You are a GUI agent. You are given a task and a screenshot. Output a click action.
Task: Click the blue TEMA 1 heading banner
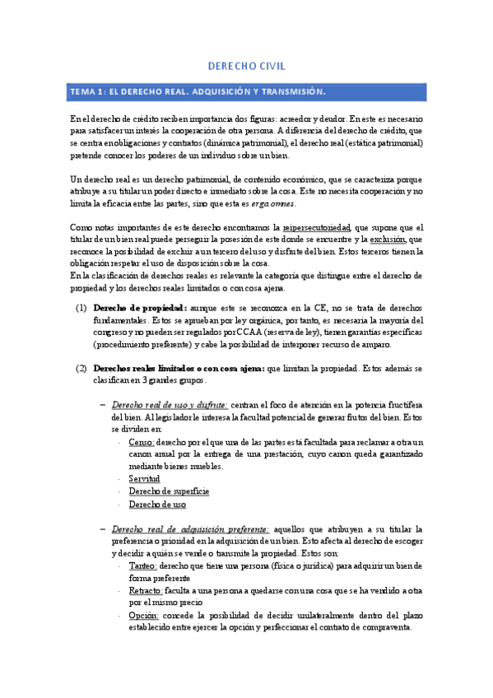click(247, 91)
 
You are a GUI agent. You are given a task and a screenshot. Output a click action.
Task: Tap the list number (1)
click(81, 308)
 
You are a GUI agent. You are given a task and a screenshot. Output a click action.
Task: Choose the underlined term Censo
click(141, 442)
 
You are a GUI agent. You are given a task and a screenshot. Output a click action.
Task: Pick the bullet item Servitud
click(144, 479)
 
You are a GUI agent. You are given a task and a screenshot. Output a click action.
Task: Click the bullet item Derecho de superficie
click(169, 491)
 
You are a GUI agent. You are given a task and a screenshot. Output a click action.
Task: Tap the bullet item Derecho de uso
click(157, 504)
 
